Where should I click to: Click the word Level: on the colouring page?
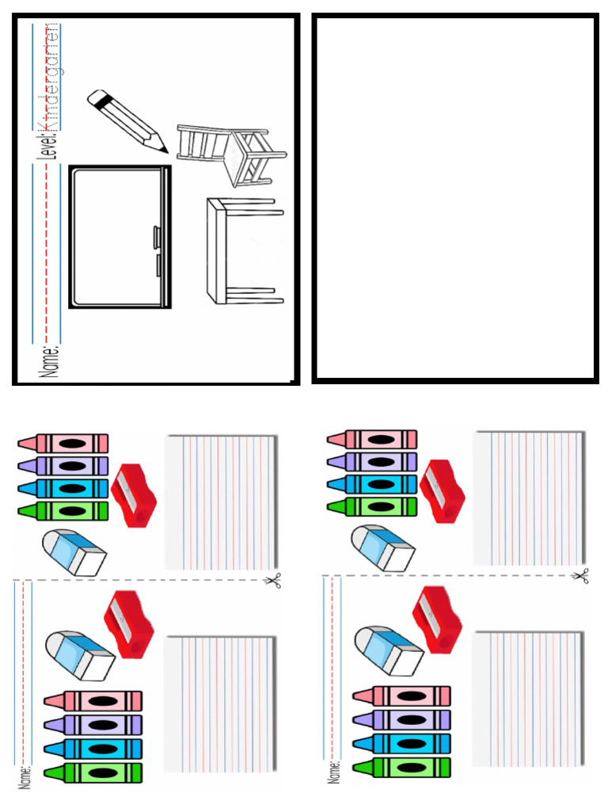pos(51,143)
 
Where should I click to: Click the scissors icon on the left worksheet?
pos(273,582)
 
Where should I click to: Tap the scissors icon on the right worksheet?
pos(581,576)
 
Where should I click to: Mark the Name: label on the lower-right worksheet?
pos(335,769)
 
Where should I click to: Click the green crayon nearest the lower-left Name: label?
pos(93,772)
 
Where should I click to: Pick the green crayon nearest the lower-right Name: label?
pos(401,767)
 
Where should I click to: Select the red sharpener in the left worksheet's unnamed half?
pos(135,496)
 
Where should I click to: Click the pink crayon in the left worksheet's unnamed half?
pos(63,443)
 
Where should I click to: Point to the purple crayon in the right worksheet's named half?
pos(401,720)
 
